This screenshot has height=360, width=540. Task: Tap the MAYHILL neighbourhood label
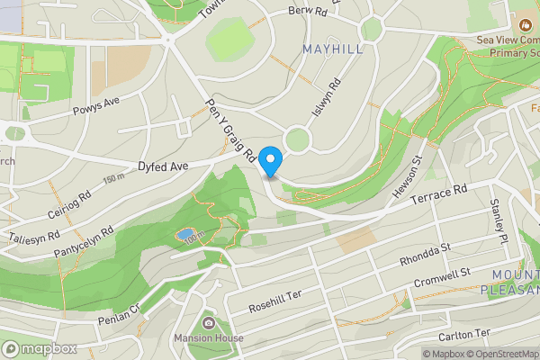(333, 49)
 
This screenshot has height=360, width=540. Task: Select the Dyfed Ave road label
(162, 166)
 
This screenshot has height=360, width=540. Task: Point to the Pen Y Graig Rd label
(232, 130)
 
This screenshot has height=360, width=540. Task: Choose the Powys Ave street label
(95, 109)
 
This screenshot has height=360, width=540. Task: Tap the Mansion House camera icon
(208, 323)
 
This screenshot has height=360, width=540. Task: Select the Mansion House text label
(210, 338)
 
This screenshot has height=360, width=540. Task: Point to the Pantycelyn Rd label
(83, 241)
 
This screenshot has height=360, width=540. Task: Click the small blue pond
(184, 235)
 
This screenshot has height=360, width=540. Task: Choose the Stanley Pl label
(499, 226)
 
